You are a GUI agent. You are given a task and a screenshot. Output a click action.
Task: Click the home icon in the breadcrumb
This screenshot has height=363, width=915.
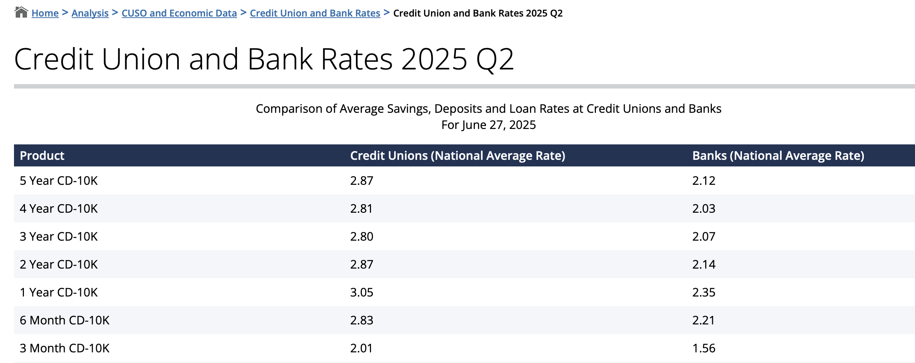pyautogui.click(x=21, y=12)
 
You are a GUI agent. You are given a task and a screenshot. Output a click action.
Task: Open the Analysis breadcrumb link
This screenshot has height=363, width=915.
pyautogui.click(x=90, y=13)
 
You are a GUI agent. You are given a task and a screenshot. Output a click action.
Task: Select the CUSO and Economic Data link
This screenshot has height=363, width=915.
pyautogui.click(x=179, y=13)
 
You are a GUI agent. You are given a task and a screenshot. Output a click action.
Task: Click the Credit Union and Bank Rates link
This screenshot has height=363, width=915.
pyautogui.click(x=315, y=13)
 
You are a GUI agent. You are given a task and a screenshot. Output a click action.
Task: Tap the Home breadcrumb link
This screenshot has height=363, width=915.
pyautogui.click(x=45, y=13)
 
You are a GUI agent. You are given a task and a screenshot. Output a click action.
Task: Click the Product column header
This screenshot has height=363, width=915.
pyautogui.click(x=42, y=156)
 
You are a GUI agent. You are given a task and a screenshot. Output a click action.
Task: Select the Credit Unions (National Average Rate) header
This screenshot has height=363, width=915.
pyautogui.click(x=457, y=156)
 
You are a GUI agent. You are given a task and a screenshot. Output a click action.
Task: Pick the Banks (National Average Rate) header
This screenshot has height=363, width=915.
pyautogui.click(x=778, y=156)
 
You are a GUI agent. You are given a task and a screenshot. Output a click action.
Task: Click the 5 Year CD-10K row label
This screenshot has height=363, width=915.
pyautogui.click(x=59, y=181)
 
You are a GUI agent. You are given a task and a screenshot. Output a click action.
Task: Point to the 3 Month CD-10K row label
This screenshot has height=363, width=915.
pyautogui.click(x=64, y=348)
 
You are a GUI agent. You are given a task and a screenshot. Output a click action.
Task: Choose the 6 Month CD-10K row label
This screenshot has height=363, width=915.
pyautogui.click(x=64, y=320)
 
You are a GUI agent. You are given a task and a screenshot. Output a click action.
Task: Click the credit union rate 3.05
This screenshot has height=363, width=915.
pyautogui.click(x=361, y=292)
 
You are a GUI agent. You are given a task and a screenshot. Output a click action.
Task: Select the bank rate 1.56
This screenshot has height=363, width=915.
pyautogui.click(x=703, y=348)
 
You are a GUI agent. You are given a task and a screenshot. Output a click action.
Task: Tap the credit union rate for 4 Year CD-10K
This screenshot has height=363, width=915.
pyautogui.click(x=361, y=209)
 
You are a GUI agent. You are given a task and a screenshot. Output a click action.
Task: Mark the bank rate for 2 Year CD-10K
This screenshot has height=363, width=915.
pyautogui.click(x=703, y=265)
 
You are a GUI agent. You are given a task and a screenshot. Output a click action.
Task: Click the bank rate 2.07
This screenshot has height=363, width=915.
pyautogui.click(x=703, y=237)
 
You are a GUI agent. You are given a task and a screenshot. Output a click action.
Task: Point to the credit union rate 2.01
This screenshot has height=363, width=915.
pyautogui.click(x=361, y=348)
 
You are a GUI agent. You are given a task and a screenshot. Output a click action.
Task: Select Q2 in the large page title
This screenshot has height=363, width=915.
pyautogui.click(x=494, y=59)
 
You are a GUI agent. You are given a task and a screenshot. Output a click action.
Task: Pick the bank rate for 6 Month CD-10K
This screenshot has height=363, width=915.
pyautogui.click(x=703, y=320)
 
